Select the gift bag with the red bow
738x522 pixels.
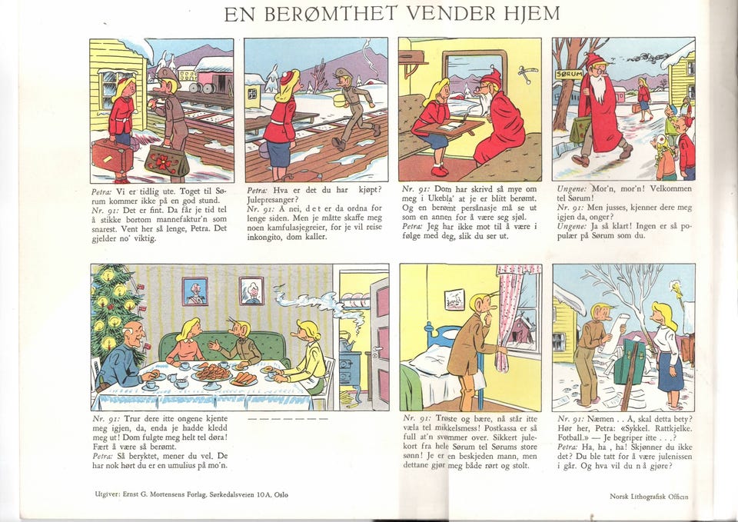point(167,161)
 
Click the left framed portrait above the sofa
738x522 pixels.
point(194,290)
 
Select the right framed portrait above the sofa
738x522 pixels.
point(251,290)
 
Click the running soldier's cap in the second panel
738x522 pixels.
point(343,73)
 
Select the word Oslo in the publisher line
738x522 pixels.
point(290,494)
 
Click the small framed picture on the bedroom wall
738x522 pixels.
point(455,299)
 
